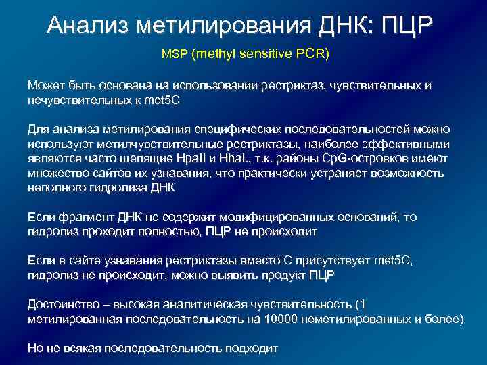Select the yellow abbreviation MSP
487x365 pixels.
pos(175,53)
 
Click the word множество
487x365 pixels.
pos(56,173)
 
